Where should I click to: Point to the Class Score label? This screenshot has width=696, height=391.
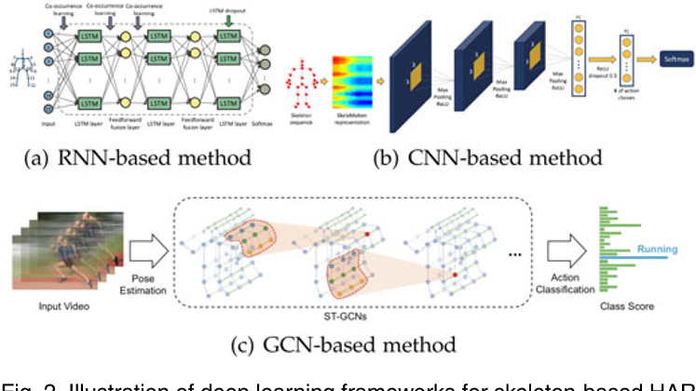pyautogui.click(x=626, y=305)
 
